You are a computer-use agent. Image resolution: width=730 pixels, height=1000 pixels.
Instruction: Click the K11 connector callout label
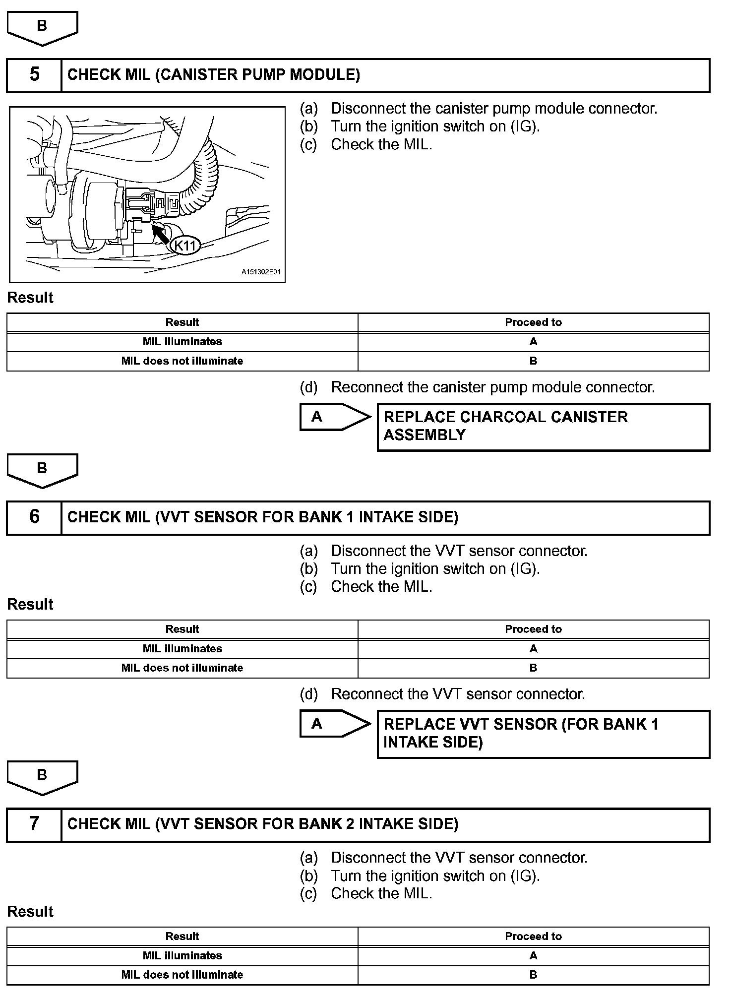coord(185,245)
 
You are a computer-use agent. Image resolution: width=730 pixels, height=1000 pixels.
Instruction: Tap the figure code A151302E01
coord(261,272)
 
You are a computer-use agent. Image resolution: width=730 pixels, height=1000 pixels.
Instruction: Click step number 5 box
coord(34,75)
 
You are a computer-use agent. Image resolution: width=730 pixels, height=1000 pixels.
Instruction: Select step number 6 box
coord(34,517)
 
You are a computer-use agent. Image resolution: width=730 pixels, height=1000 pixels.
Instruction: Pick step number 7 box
coord(34,824)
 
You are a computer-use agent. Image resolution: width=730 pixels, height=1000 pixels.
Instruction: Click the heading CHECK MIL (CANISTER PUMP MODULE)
coord(214,75)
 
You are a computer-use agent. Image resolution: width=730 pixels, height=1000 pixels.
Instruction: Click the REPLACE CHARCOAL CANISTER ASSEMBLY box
coord(543,427)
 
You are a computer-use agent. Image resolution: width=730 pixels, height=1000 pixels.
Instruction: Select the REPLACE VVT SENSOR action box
coord(543,734)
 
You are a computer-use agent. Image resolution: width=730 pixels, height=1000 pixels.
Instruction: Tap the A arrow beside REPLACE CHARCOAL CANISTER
coord(334,417)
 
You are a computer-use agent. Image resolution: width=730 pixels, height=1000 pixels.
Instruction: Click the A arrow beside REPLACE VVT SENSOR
coord(334,724)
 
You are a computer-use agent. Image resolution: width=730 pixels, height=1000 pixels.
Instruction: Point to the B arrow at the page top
coord(42,28)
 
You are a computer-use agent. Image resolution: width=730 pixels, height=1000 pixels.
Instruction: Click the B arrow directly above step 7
coord(42,777)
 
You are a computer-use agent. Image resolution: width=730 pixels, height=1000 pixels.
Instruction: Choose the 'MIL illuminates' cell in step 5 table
coord(182,342)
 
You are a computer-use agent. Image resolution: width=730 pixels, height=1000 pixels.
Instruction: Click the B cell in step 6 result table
coord(533,668)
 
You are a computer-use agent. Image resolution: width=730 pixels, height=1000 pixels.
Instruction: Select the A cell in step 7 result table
coord(533,955)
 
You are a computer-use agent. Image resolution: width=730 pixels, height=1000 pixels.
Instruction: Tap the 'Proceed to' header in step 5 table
coord(533,322)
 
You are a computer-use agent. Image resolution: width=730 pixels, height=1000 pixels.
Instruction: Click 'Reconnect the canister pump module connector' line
coord(492,387)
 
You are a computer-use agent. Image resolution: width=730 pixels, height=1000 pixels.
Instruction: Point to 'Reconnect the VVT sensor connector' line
coord(458,694)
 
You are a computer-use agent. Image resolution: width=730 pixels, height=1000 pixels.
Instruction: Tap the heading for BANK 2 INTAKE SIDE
coord(262,824)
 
